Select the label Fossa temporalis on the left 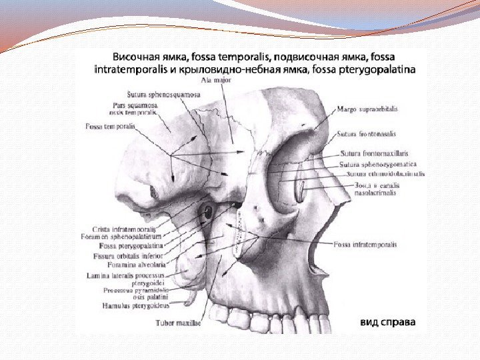(110, 125)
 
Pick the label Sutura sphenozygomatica (377, 163)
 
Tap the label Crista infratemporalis (121, 228)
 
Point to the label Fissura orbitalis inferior (126, 255)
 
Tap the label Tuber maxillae (178, 323)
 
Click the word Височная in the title (133, 57)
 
